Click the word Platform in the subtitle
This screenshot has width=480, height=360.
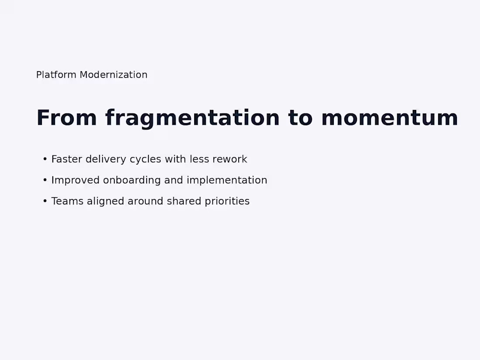(x=56, y=75)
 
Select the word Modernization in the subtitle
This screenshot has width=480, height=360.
(x=113, y=75)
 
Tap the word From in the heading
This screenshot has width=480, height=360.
(x=66, y=118)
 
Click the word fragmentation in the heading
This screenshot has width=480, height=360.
(x=192, y=118)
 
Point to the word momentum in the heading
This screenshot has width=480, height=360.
(x=389, y=118)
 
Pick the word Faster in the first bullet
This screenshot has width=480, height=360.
(x=67, y=159)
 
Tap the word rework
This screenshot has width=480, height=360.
(x=230, y=159)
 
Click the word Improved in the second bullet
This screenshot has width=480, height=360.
(x=75, y=180)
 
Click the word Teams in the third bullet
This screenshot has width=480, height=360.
(x=67, y=201)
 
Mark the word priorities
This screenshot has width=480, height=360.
(x=227, y=201)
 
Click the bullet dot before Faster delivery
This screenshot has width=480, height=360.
(x=45, y=159)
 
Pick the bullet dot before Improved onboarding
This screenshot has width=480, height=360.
(x=45, y=180)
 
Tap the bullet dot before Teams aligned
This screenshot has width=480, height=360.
(x=45, y=201)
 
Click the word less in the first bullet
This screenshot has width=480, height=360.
(x=199, y=159)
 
